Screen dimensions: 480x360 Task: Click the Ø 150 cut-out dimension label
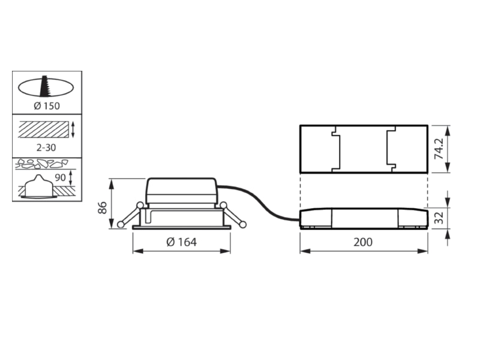[x=47, y=106]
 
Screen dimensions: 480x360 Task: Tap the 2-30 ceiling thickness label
[x=46, y=148]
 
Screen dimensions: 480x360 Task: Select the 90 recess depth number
[x=61, y=177]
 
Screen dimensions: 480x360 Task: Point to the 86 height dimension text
[x=102, y=208]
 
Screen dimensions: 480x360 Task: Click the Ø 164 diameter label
[x=182, y=242]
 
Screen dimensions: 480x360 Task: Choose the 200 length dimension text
[x=363, y=242]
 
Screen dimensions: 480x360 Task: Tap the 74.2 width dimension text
[x=439, y=149]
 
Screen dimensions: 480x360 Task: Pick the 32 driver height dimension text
[x=439, y=218]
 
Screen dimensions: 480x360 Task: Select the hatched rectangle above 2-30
[x=43, y=130]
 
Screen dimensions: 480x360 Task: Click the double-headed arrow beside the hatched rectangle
[x=73, y=130]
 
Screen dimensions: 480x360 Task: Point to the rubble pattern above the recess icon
[x=41, y=164]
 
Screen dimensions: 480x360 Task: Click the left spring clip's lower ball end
[x=121, y=224]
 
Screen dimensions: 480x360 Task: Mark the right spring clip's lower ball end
[x=243, y=224]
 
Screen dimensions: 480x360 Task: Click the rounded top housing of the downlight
[x=182, y=191]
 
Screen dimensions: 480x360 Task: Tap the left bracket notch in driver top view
[x=336, y=149]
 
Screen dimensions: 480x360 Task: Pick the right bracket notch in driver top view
[x=391, y=149]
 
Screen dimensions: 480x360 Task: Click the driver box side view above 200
[x=364, y=218]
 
